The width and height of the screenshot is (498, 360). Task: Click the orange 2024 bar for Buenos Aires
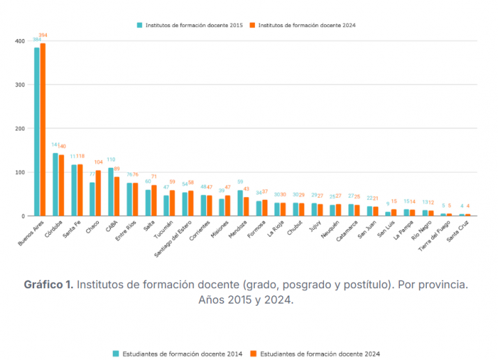click(43, 130)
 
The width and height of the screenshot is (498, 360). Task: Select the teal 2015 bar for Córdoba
click(56, 185)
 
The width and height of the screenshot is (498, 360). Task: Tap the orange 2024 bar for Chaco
click(98, 193)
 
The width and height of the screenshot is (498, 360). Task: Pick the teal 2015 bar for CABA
click(111, 191)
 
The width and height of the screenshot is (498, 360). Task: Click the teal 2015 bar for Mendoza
click(240, 203)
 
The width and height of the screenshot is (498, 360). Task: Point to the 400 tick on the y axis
click(20, 41)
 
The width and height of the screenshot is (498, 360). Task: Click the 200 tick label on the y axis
click(20, 129)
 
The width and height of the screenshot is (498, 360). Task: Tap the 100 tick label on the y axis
click(20, 172)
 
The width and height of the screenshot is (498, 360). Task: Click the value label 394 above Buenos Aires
click(43, 35)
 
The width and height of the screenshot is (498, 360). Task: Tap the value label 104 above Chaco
click(99, 162)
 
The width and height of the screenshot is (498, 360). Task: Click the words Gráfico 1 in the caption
click(48, 285)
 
